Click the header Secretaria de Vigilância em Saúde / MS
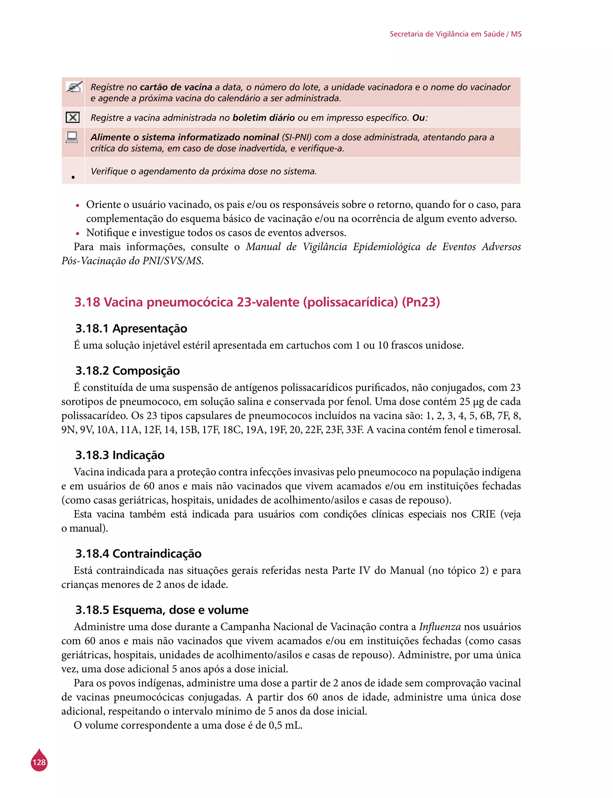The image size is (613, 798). [x=455, y=34]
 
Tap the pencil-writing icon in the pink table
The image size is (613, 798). [x=73, y=87]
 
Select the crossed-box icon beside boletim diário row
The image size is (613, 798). [x=73, y=117]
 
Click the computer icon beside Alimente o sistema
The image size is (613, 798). [x=72, y=137]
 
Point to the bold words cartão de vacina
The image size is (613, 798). [x=176, y=87]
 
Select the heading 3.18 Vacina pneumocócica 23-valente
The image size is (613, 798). [x=257, y=302]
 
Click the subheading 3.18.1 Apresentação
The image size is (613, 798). [x=131, y=328]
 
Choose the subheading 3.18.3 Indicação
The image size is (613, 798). [x=120, y=455]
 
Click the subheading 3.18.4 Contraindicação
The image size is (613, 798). [x=138, y=554]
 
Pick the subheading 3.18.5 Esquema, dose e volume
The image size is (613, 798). [x=162, y=610]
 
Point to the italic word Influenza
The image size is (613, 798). [x=440, y=627]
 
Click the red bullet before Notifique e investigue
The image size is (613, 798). [x=77, y=234]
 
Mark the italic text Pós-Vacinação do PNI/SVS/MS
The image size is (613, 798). [x=132, y=261]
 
